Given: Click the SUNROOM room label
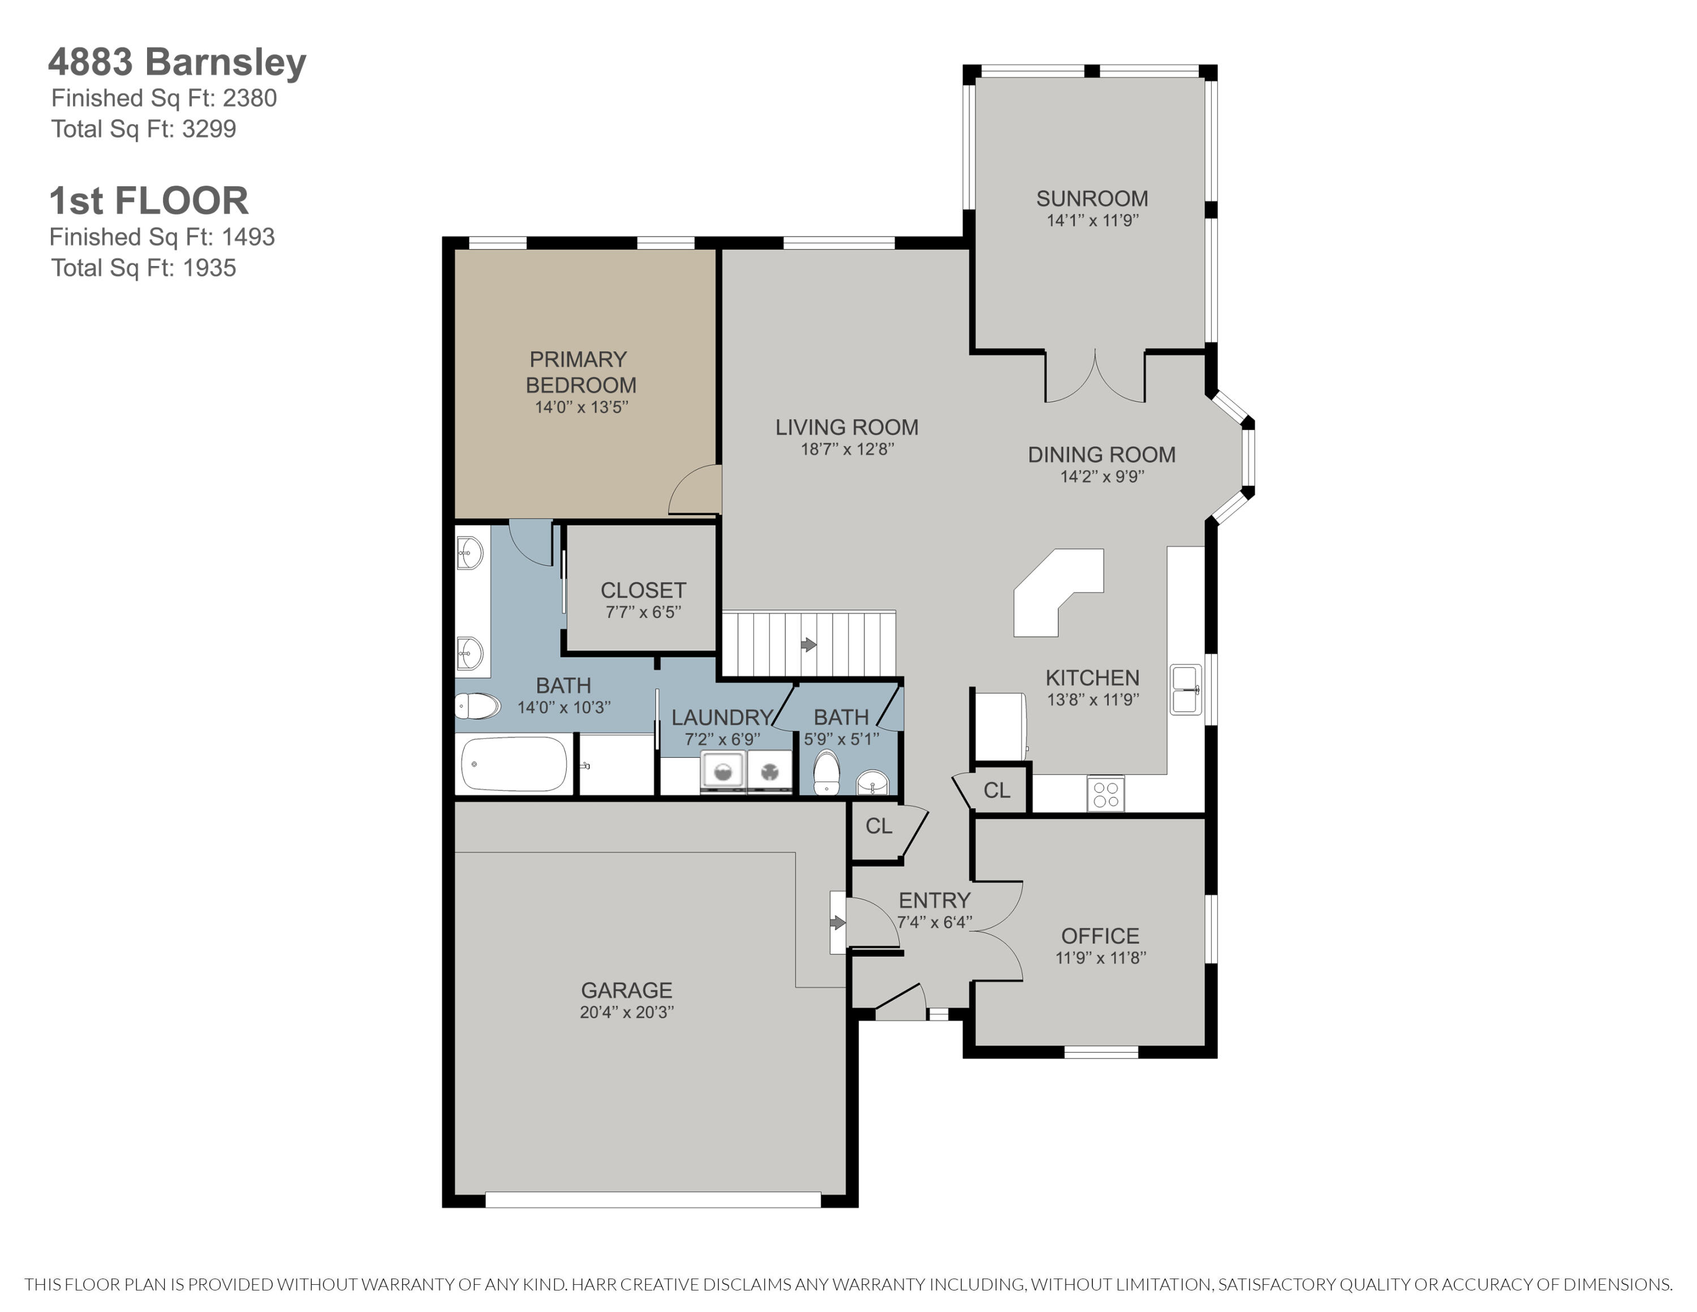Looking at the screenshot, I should tap(1092, 199).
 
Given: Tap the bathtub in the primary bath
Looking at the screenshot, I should tap(514, 764).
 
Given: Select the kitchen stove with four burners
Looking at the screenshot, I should tap(1105, 794).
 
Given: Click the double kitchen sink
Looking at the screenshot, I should tap(1185, 689).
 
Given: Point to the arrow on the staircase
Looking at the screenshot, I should tap(809, 644).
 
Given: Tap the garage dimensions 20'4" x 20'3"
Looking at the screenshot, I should tap(626, 1012).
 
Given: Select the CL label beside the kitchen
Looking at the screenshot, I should tap(996, 791).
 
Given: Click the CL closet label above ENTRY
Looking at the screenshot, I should tap(879, 826).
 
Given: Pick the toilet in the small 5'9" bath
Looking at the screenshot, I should tap(826, 773).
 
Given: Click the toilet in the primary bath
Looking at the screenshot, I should tap(477, 706).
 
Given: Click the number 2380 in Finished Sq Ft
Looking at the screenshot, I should tap(249, 98).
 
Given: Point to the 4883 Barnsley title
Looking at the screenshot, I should tap(177, 62).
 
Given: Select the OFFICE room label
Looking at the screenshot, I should tap(1100, 936).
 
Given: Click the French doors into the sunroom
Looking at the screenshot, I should tap(1095, 379).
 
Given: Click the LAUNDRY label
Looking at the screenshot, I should tap(721, 717).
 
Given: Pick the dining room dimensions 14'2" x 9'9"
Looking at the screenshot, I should tap(1102, 477).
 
